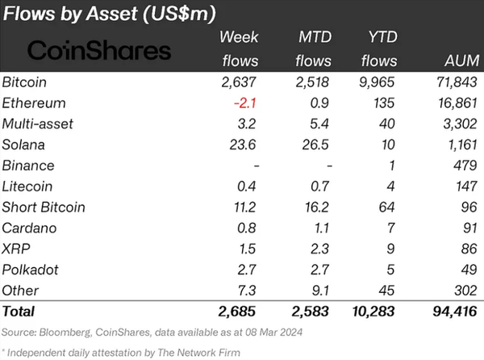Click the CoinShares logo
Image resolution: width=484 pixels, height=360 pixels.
(99, 51)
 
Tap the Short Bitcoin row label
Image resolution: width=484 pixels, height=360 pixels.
(44, 207)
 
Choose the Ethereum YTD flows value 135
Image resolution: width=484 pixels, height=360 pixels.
(385, 103)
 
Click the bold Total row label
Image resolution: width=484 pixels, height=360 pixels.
(19, 311)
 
